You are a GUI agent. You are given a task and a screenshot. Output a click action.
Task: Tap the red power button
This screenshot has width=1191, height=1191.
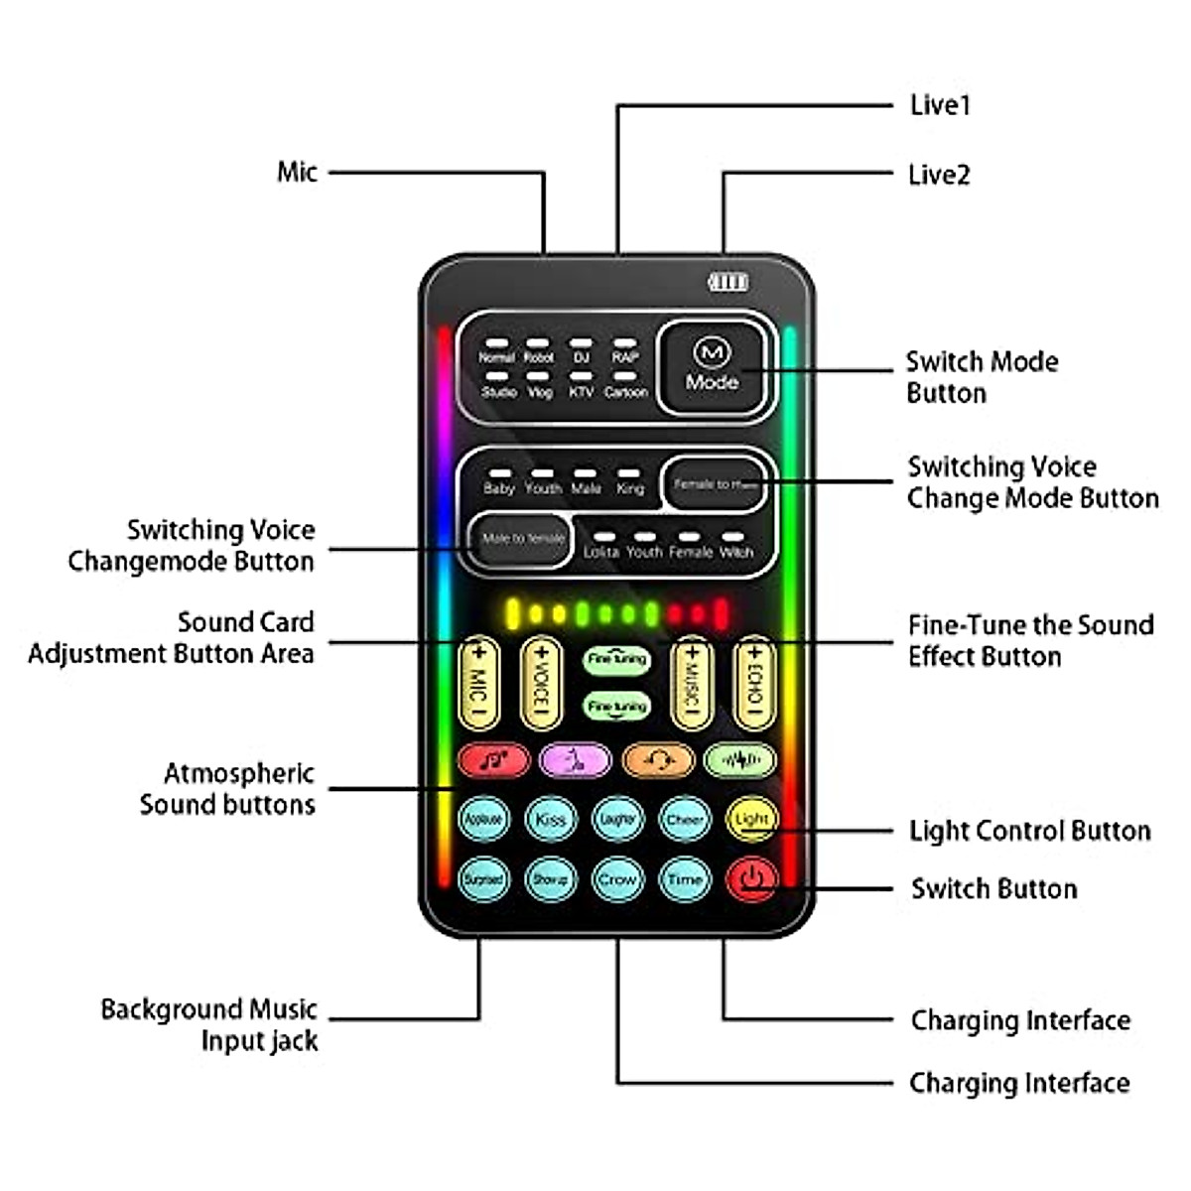751,879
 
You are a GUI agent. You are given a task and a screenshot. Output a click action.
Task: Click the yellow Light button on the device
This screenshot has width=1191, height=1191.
751,820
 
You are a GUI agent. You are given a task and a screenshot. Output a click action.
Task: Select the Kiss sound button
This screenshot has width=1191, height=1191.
550,820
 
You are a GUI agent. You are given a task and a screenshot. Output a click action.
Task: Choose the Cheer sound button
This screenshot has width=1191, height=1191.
684,820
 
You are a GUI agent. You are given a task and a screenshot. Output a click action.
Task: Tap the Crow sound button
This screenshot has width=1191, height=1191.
616,879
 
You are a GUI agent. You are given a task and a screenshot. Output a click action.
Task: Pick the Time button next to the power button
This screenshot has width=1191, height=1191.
684,879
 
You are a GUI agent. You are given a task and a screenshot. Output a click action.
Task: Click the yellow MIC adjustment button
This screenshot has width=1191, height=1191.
478,683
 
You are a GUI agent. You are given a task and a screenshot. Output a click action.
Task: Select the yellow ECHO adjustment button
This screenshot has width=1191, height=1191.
753,683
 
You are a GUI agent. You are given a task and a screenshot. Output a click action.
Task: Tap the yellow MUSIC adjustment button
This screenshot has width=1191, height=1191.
692,683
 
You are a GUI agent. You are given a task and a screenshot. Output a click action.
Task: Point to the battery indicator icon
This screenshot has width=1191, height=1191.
728,283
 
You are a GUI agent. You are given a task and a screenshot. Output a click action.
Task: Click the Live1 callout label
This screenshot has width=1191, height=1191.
939,105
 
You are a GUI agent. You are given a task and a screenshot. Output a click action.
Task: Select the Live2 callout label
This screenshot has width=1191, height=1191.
939,175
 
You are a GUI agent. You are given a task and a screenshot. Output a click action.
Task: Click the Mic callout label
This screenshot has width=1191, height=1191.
297,172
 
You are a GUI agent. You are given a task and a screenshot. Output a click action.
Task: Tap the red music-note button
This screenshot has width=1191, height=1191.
494,761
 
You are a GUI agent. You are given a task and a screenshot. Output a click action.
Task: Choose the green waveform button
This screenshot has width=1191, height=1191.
739,761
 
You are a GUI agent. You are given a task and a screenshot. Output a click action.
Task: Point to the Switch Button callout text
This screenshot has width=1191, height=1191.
993,888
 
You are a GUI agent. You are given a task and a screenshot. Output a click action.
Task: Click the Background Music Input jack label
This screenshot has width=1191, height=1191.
209,1025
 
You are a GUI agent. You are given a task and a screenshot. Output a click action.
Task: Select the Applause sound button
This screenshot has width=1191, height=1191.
483,820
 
